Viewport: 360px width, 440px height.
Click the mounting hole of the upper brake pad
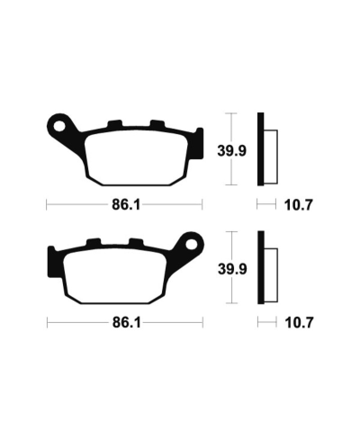[61, 125]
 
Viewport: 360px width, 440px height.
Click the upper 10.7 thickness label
[299, 204]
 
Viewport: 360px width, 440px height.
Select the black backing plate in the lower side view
[262, 266]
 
